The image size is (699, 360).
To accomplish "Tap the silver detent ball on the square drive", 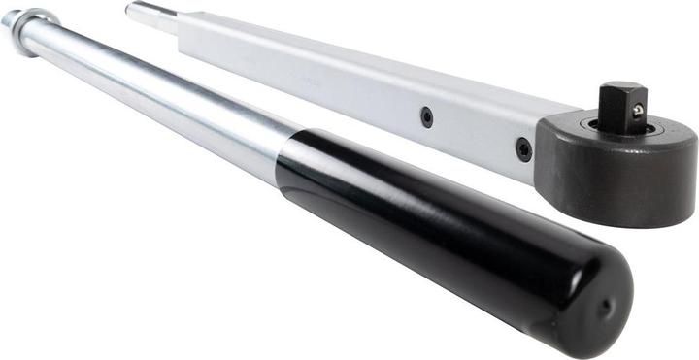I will pyautogui.click(x=638, y=110).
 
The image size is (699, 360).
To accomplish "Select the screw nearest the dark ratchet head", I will pyautogui.click(x=523, y=150).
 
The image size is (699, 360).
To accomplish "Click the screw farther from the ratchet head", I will pyautogui.click(x=426, y=116).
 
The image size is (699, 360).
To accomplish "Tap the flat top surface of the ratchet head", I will pyautogui.click(x=670, y=136).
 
